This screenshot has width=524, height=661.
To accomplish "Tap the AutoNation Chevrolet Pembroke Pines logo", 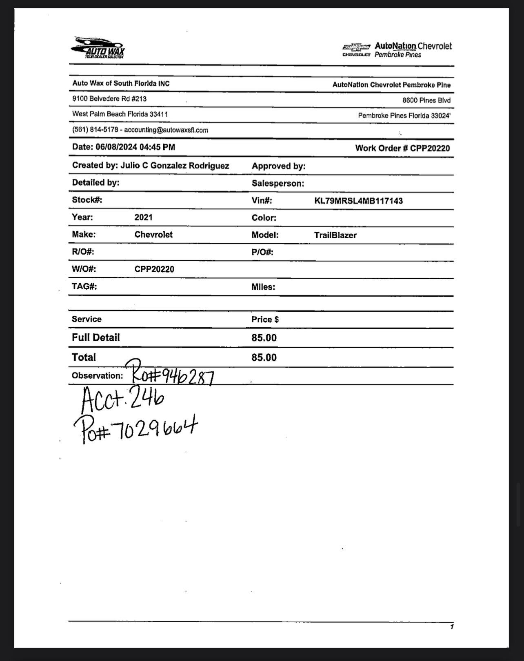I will pyautogui.click(x=397, y=50).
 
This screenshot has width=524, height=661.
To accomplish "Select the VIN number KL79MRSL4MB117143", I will pyautogui.click(x=358, y=201).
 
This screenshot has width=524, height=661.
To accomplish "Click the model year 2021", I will pyautogui.click(x=143, y=217).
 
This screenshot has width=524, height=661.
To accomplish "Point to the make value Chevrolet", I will pyautogui.click(x=153, y=235).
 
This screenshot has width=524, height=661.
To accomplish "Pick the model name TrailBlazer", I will pyautogui.click(x=335, y=235).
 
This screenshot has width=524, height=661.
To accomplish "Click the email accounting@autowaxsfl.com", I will pyautogui.click(x=166, y=130).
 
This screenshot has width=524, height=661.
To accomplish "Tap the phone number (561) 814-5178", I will pyautogui.click(x=95, y=130).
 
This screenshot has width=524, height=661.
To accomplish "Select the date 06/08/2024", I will pyautogui.click(x=116, y=147).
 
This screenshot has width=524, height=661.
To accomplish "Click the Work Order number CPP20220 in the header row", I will pyautogui.click(x=430, y=148).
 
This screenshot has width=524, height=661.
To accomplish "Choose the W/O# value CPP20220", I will pyautogui.click(x=154, y=269).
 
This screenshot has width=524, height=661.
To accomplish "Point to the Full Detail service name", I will pyautogui.click(x=96, y=338).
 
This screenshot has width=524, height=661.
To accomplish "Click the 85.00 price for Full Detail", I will pyautogui.click(x=264, y=338).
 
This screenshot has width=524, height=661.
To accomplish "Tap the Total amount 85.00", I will pyautogui.click(x=264, y=357).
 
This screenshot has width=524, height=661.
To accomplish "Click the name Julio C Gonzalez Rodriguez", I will pyautogui.click(x=175, y=166).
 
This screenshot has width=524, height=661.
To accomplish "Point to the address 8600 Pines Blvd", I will pyautogui.click(x=426, y=100).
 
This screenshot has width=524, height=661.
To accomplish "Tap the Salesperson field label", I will pyautogui.click(x=278, y=184).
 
